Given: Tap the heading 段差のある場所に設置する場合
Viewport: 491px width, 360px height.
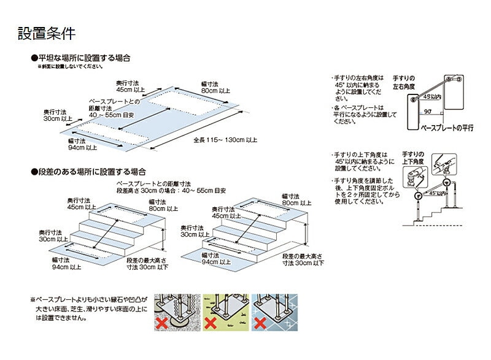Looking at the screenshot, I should [x=91, y=172].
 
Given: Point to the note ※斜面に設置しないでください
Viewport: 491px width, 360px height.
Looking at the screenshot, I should [x=71, y=66].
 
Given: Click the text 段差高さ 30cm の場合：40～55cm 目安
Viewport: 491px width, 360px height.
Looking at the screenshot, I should [x=171, y=191].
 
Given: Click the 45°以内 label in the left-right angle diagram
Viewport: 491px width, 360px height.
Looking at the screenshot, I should [x=432, y=96].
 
